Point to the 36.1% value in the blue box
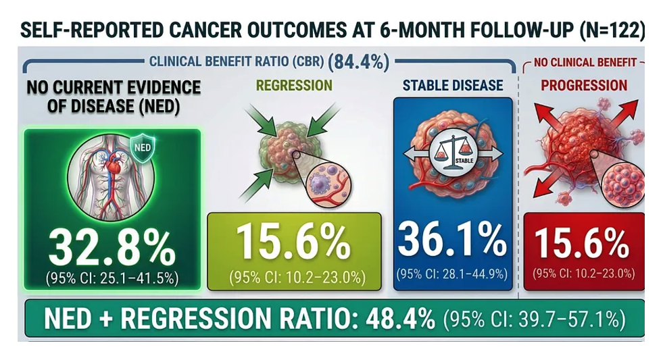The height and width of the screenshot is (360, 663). (451, 240)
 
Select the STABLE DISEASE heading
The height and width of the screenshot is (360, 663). (453, 86)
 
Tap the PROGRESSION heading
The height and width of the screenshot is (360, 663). (584, 86)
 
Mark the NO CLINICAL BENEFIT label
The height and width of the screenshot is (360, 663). (585, 63)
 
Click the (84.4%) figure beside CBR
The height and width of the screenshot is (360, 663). (359, 63)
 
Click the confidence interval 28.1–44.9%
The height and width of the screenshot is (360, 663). (452, 274)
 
